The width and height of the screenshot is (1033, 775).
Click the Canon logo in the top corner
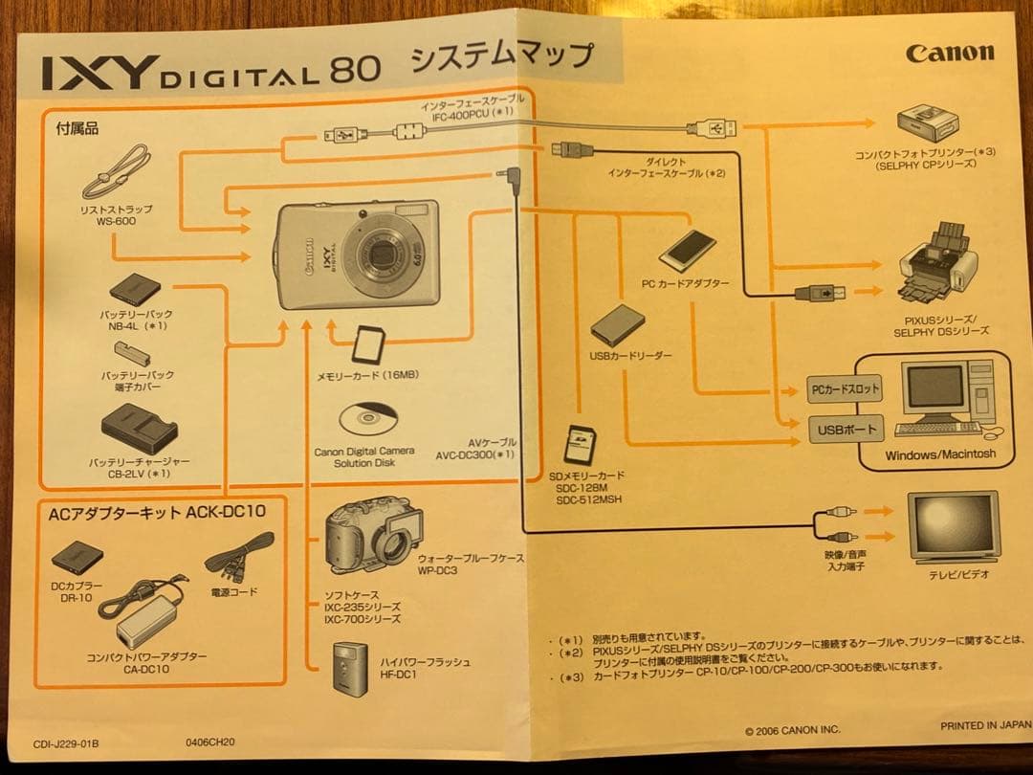[950, 53]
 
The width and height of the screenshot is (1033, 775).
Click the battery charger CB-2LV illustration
[139, 429]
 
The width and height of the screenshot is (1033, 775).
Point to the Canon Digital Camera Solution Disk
[368, 419]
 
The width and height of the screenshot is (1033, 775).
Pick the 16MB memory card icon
[368, 346]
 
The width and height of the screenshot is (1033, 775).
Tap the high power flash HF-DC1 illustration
[348, 667]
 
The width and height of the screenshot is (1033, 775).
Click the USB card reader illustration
[617, 325]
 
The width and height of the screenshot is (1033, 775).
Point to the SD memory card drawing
[581, 445]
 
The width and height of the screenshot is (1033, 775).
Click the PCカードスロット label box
[845, 388]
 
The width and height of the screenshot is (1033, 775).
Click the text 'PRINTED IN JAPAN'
[985, 725]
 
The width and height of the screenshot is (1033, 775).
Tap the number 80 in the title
[355, 69]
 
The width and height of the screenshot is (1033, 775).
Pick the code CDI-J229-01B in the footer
[66, 744]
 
